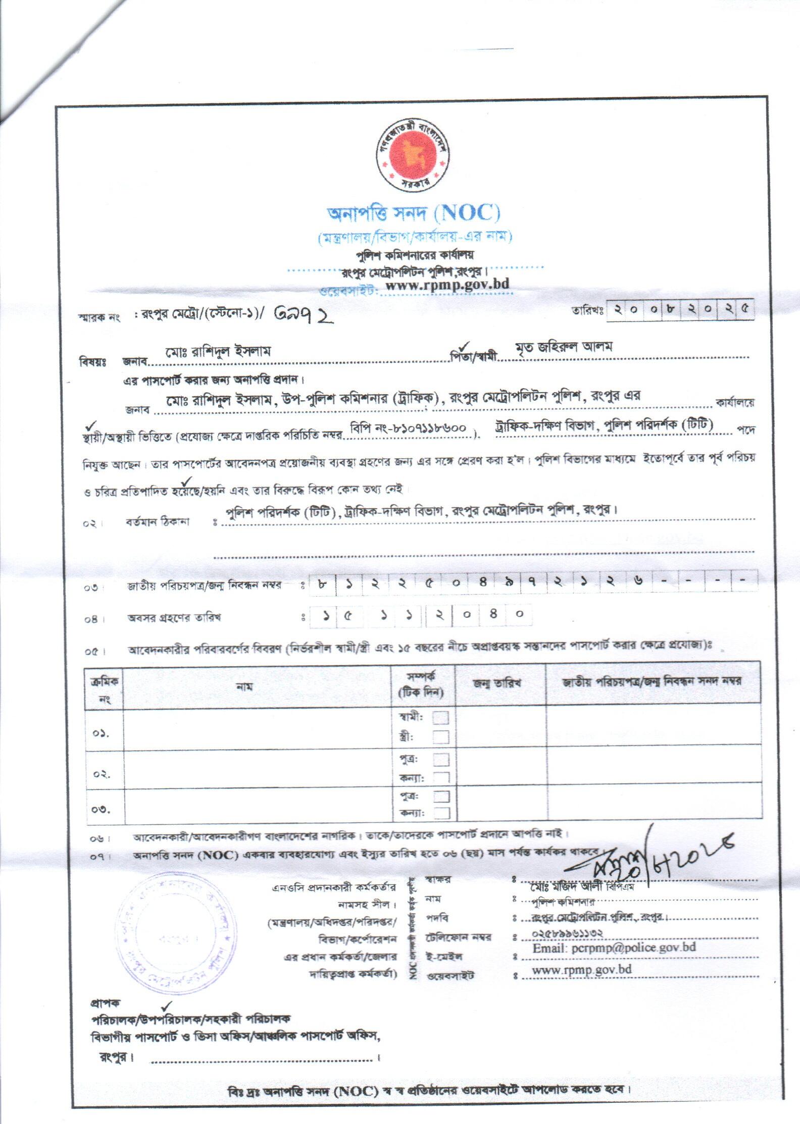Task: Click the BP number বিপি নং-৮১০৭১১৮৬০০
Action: point(411,426)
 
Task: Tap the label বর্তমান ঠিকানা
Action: point(158,522)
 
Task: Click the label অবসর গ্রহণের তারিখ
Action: point(174,617)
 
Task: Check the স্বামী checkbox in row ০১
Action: point(440,718)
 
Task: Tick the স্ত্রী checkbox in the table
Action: point(440,737)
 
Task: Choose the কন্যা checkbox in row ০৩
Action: point(441,813)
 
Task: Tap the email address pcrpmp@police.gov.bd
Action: point(614,947)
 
